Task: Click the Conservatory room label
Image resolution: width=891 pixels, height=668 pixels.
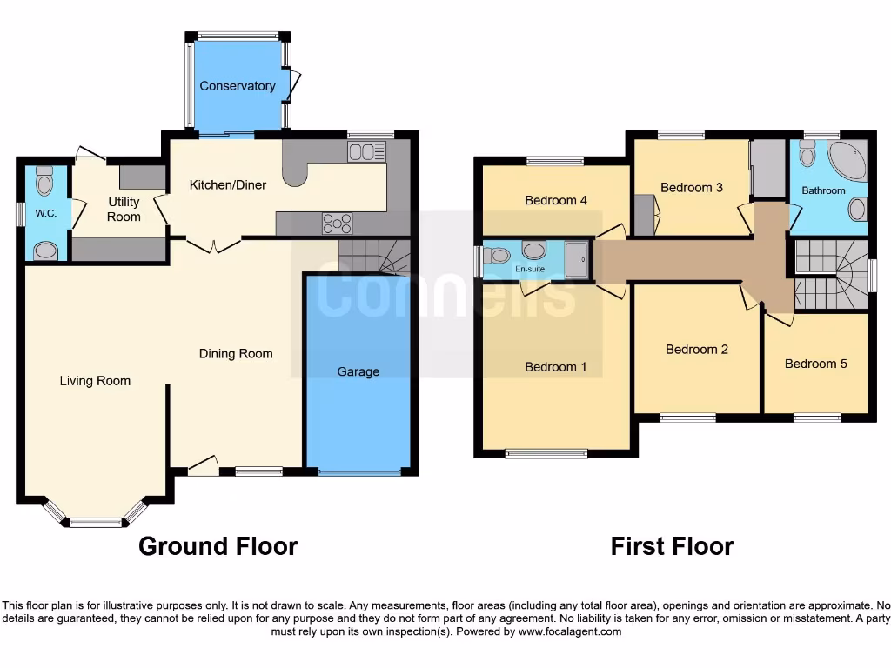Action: (237, 86)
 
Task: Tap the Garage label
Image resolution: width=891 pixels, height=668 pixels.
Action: (358, 371)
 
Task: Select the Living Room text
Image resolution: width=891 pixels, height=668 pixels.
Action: (95, 381)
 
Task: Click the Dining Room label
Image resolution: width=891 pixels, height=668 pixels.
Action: (236, 354)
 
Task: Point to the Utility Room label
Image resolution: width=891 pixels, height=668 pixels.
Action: (124, 210)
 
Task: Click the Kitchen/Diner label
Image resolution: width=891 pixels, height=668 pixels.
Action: (228, 185)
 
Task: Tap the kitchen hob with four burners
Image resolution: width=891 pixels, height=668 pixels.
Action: (337, 224)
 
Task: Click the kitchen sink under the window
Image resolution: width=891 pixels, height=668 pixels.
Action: (366, 152)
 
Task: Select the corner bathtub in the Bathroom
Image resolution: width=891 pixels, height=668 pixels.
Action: (847, 161)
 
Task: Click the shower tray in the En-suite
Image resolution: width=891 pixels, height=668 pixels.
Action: (576, 260)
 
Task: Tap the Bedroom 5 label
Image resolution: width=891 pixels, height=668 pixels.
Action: (815, 364)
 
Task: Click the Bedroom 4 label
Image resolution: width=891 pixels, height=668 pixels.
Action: (555, 201)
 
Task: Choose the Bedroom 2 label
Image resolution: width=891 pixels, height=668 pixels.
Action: (696, 350)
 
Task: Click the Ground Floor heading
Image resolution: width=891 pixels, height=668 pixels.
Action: (218, 546)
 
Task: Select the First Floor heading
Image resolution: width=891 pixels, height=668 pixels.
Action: (672, 546)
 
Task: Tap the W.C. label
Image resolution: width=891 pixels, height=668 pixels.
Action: (46, 213)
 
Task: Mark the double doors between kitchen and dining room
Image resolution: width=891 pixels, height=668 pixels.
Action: (213, 244)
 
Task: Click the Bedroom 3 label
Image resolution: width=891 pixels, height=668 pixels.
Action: (691, 188)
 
